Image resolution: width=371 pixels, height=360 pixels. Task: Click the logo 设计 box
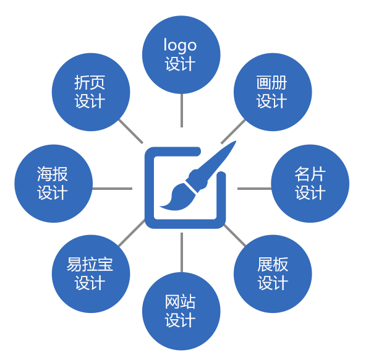click(x=181, y=55)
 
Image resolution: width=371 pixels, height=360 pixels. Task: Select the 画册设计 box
click(x=272, y=92)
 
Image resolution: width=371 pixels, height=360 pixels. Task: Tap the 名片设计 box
click(x=309, y=184)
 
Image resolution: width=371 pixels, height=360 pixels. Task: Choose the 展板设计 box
click(x=272, y=274)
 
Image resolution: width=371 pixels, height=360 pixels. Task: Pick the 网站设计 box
click(x=181, y=311)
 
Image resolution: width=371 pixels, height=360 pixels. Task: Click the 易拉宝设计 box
click(x=90, y=274)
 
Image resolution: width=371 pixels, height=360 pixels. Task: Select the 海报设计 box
click(x=53, y=184)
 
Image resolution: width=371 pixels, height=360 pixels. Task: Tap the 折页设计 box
click(x=90, y=92)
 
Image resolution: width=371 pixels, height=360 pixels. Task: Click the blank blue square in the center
click(x=190, y=184)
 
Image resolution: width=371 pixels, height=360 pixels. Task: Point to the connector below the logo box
click(x=181, y=106)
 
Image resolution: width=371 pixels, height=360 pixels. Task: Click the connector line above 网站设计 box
click(x=181, y=260)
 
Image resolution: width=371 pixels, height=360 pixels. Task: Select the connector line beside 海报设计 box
click(x=104, y=188)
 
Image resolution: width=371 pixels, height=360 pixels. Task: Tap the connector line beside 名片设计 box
click(x=259, y=188)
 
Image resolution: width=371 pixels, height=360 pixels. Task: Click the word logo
click(x=180, y=46)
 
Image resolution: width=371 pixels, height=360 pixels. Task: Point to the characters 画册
click(x=272, y=83)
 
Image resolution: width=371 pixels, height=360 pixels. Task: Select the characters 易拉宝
click(x=90, y=265)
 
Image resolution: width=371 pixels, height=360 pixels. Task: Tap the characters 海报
click(x=53, y=174)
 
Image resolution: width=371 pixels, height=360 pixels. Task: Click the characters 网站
click(x=181, y=302)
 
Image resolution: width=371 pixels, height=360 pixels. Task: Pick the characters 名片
click(x=310, y=174)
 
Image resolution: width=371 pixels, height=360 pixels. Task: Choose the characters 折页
click(x=90, y=83)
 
